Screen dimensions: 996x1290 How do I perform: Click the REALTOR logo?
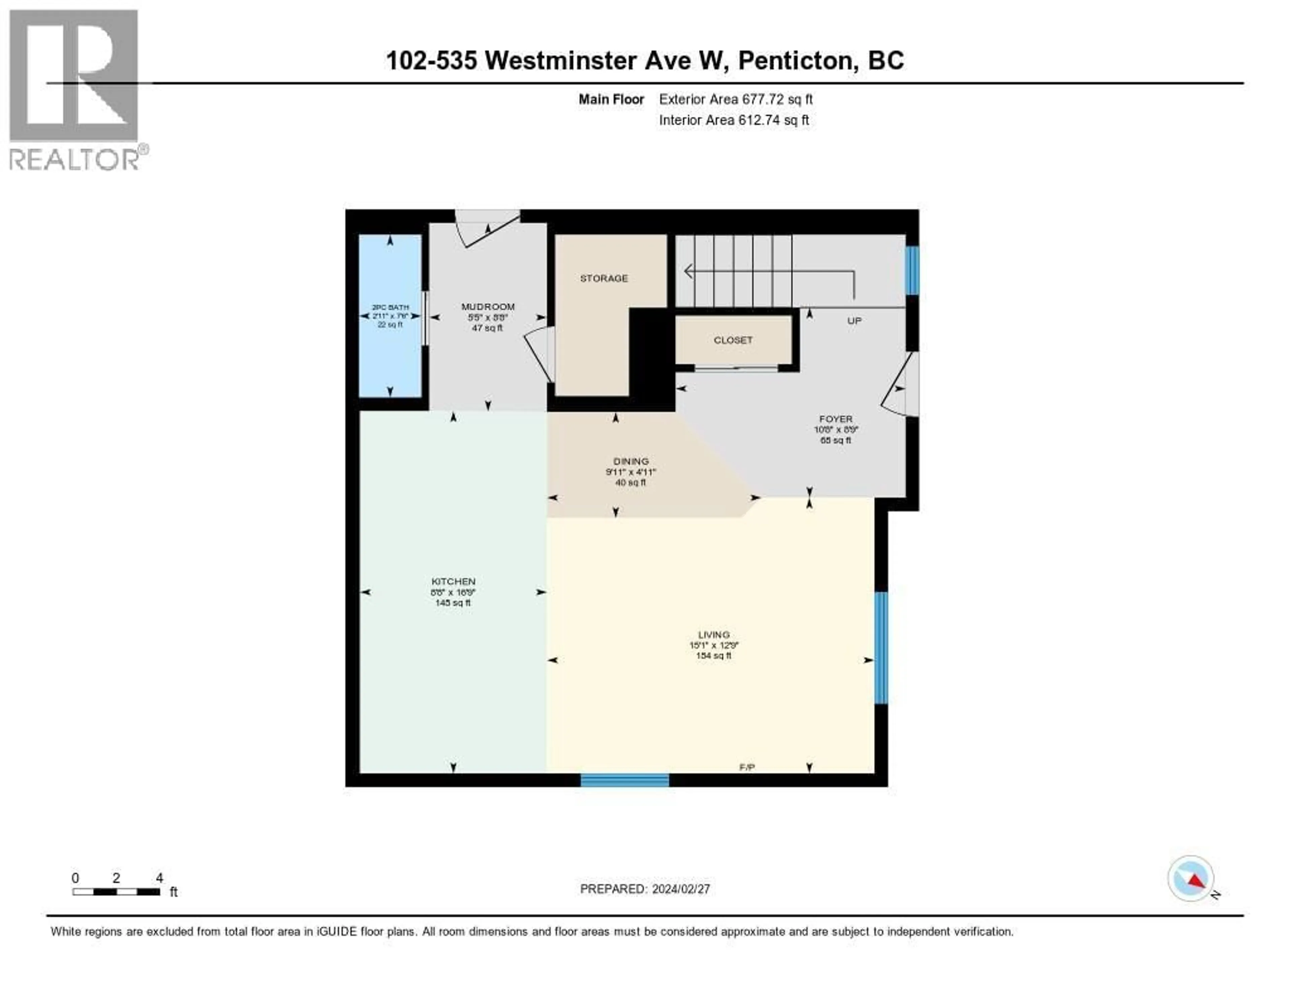click(x=75, y=89)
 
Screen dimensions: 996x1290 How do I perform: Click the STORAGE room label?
click(x=604, y=278)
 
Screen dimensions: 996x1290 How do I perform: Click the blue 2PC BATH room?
click(x=390, y=354)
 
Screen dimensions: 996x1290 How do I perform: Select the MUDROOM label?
click(x=488, y=306)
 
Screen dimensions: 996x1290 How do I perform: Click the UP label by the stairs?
click(x=854, y=321)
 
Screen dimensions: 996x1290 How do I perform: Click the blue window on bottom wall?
click(x=625, y=780)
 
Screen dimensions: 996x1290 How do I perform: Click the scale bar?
click(x=116, y=892)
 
